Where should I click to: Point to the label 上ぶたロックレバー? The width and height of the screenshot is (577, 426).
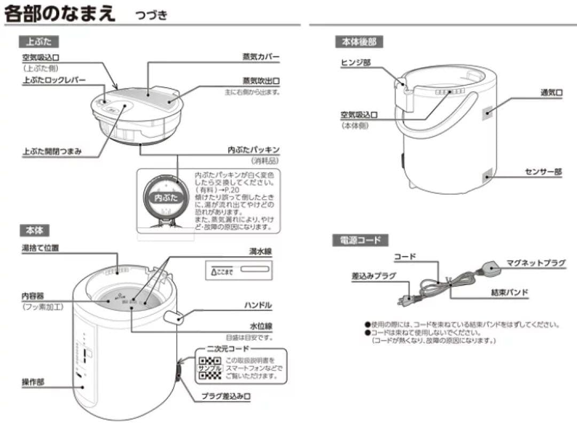54,80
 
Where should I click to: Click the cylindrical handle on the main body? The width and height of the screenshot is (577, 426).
174,318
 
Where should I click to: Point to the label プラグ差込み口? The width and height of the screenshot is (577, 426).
226,397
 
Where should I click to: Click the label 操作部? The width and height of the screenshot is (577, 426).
33,382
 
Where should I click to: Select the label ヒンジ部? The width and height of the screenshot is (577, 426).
355,63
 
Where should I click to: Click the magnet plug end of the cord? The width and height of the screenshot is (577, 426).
492,269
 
